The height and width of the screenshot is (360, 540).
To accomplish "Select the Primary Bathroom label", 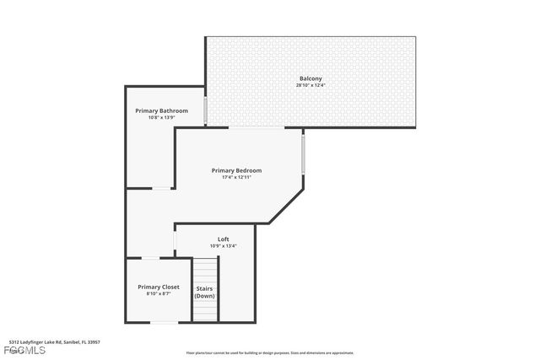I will pos(162,110).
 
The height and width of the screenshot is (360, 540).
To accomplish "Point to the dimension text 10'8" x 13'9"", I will pos(162,117).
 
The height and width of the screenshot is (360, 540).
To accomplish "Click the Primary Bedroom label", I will pos(236,170).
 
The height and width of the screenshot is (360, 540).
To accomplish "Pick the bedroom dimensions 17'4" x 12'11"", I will pos(236,177).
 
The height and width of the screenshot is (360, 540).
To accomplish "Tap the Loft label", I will pos(224,239).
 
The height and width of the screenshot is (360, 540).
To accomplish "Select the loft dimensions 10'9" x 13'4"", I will pos(224,246).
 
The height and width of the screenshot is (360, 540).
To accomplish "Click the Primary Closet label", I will pos(159,287).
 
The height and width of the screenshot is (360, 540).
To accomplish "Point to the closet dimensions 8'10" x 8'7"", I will pos(159,293).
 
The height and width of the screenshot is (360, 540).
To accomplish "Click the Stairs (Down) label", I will pos(205,292).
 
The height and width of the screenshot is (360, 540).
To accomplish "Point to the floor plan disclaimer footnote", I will pos(270,353).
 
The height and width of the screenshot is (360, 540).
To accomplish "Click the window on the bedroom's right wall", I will pos(303,153).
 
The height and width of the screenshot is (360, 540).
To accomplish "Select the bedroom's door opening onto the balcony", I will pos(256,128).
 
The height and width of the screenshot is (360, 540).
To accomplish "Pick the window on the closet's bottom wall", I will pos(164,322).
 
